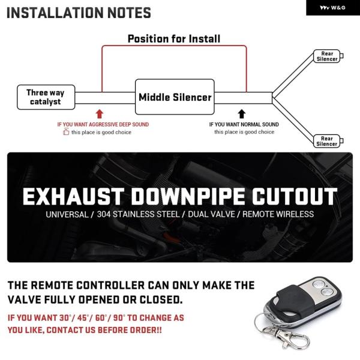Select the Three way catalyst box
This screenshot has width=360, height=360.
click(46, 97)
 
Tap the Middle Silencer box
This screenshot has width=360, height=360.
click(175, 97)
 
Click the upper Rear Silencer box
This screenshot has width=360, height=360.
click(327, 56)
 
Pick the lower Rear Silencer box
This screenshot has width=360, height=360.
click(327, 141)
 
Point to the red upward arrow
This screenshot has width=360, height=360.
click(100, 113)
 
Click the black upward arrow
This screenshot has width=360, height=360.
click(242, 113)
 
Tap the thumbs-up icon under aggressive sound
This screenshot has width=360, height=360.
click(66, 132)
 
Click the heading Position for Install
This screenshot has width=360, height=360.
click(174, 39)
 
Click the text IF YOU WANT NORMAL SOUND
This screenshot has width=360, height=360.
click(244, 125)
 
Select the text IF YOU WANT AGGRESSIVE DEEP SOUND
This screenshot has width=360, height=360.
click(103, 125)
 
